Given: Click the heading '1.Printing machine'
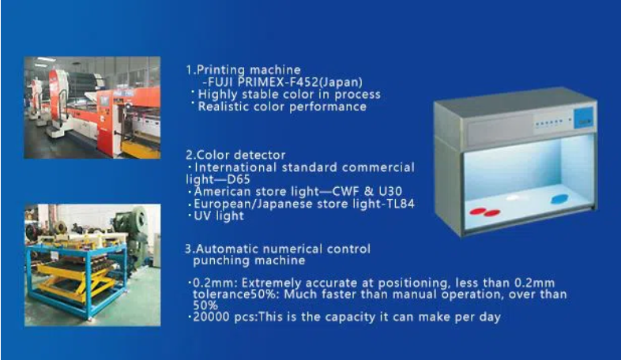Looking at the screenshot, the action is pyautogui.click(x=243, y=70).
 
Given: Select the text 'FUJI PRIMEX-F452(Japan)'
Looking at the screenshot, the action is pyautogui.click(x=284, y=82).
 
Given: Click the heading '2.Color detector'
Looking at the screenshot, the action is pyautogui.click(x=235, y=155).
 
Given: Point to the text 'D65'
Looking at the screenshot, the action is pyautogui.click(x=239, y=179).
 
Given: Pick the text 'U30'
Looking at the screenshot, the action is pyautogui.click(x=390, y=192).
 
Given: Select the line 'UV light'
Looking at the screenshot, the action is pyautogui.click(x=219, y=216).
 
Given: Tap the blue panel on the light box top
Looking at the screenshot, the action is pyautogui.click(x=583, y=118).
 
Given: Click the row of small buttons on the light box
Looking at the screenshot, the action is pyautogui.click(x=549, y=123).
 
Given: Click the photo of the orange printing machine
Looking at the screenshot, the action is pyautogui.click(x=92, y=107).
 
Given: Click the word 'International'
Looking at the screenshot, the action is pyautogui.click(x=235, y=167).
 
